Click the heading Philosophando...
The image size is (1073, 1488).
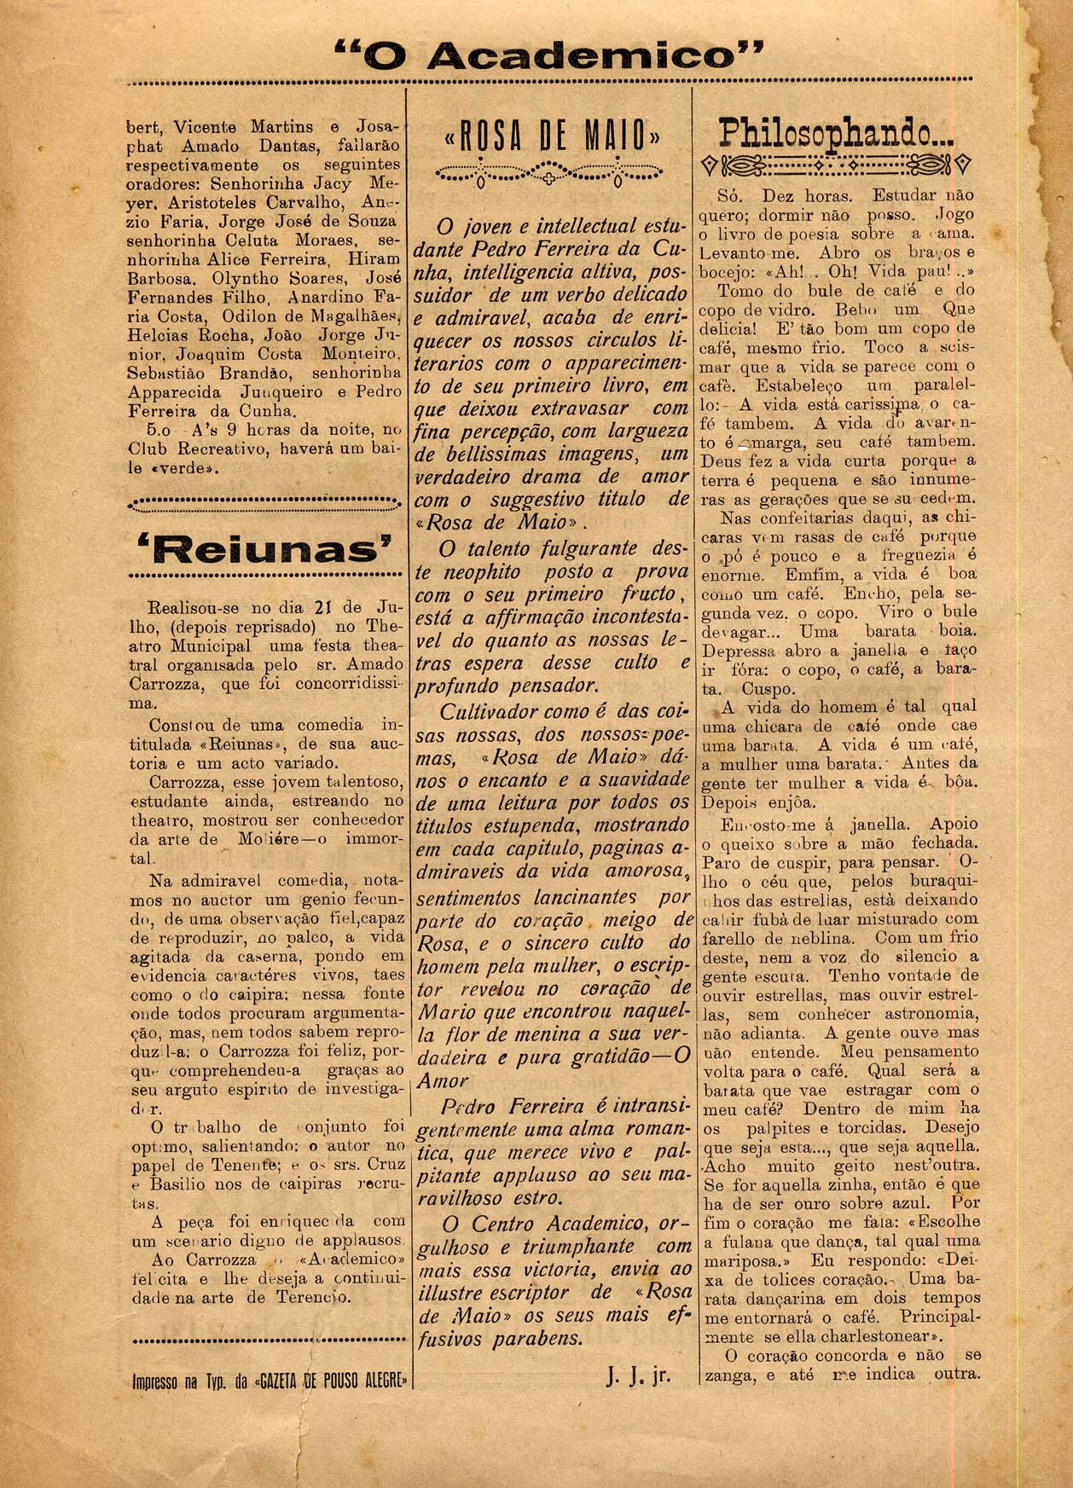coord(837,132)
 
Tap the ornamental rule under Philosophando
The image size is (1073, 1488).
coord(836,163)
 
